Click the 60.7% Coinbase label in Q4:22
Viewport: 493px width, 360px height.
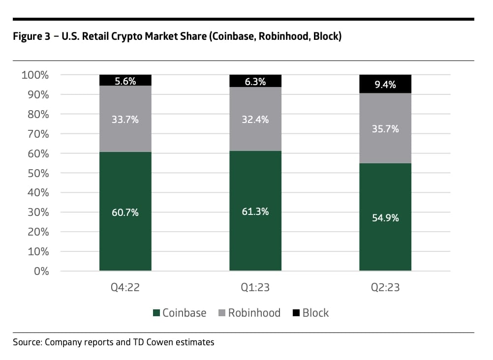[125, 212]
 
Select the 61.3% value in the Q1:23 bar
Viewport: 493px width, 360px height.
[255, 212]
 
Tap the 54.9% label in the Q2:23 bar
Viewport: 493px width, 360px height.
[385, 218]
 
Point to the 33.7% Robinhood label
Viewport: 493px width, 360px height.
[125, 120]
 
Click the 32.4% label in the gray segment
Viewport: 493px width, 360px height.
[255, 119]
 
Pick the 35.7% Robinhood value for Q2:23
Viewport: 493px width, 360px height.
[385, 129]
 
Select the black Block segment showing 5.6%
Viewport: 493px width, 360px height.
[125, 81]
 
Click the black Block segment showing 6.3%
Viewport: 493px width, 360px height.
[255, 81]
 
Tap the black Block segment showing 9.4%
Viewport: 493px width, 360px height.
[385, 84]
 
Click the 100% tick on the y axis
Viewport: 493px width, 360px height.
[35, 75]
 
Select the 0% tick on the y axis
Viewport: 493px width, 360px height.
[42, 271]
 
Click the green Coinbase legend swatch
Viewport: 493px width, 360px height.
[157, 313]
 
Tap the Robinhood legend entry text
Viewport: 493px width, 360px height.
[254, 313]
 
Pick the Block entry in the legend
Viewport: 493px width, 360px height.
[315, 313]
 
